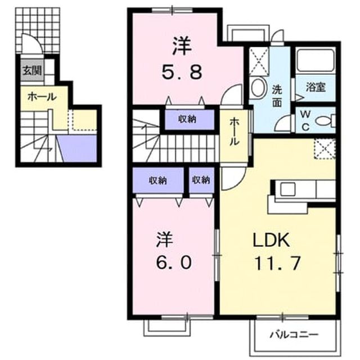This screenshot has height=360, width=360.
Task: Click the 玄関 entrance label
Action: (31, 70)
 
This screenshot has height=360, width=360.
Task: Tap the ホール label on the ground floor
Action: (42, 97)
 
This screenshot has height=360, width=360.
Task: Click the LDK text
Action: (271, 240)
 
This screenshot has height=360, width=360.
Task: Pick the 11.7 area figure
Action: (277, 263)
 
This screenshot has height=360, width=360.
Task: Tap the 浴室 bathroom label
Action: (316, 87)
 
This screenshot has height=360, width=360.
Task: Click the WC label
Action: (305, 120)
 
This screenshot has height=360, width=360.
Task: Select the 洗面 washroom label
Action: (277, 96)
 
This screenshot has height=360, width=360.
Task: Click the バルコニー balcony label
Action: (294, 335)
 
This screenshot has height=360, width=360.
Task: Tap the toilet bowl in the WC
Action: (325, 120)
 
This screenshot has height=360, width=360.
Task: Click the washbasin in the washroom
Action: (258, 88)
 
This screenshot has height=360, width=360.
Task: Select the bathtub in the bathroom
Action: (315, 60)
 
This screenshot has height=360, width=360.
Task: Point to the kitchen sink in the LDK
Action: (288, 189)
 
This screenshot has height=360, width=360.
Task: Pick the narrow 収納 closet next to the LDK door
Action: (201, 180)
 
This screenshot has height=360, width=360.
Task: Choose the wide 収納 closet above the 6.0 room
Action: (158, 180)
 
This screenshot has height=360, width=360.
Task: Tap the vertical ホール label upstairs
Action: (234, 131)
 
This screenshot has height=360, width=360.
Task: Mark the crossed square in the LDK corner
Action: (325, 148)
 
